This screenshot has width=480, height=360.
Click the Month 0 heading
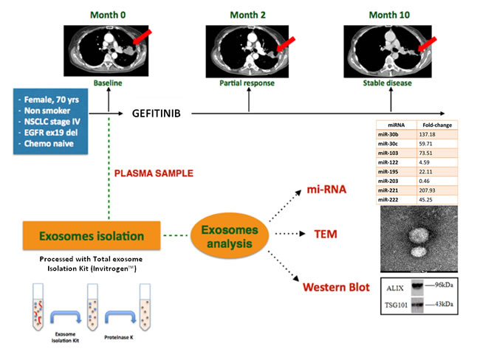point(109,13)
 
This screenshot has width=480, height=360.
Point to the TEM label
point(324,235)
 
